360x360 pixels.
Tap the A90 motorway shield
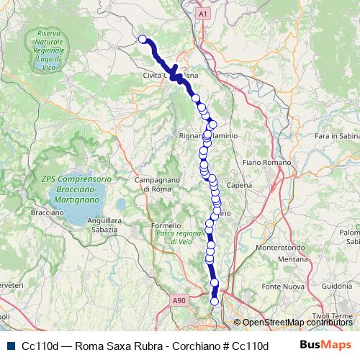(179, 300)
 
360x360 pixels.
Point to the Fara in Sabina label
(335, 135)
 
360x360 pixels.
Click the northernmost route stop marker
(143, 40)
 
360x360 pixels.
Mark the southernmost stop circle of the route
(214, 302)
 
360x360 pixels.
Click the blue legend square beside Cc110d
(11, 346)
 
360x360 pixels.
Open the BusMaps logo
(325, 345)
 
